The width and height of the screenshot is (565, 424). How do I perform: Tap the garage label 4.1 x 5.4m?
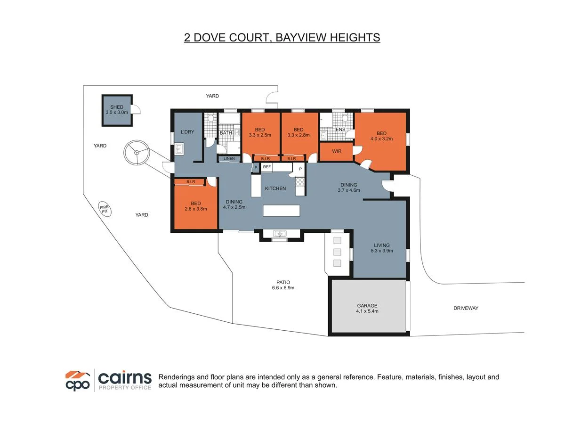pyautogui.click(x=367, y=308)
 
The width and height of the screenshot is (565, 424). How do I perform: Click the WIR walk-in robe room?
pyautogui.click(x=336, y=151)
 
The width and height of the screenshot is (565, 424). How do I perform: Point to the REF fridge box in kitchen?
pyautogui.click(x=266, y=167)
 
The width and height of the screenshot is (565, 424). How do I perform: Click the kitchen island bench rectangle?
pyautogui.click(x=281, y=210)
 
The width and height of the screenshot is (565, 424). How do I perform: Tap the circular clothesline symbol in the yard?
pyautogui.click(x=136, y=152)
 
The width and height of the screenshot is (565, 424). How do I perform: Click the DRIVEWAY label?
pyautogui.click(x=466, y=308)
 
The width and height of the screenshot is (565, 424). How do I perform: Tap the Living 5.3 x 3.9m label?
pyautogui.click(x=381, y=248)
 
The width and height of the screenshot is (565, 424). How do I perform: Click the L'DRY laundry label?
pyautogui.click(x=187, y=132)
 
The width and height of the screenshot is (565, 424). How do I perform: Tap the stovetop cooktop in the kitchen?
pyautogui.click(x=300, y=182)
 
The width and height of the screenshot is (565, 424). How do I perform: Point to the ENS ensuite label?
pyautogui.click(x=340, y=129)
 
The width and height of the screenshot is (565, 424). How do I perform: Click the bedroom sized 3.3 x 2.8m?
pyautogui.click(x=299, y=133)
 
